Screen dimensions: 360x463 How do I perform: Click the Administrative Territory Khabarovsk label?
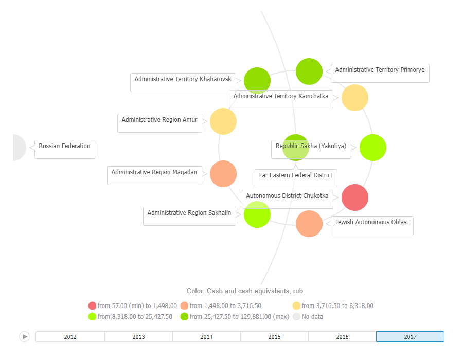[x=183, y=80]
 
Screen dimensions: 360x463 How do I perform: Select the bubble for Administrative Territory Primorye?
[x=309, y=71]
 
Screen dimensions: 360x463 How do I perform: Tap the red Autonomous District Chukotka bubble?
[x=355, y=197]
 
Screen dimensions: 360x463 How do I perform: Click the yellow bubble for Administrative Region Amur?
[x=223, y=121]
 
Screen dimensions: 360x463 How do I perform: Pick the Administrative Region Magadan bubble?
[x=223, y=174]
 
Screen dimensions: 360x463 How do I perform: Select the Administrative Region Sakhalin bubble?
[x=257, y=214]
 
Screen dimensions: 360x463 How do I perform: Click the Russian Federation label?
[x=64, y=147]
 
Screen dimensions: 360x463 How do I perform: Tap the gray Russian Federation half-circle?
[x=19, y=148]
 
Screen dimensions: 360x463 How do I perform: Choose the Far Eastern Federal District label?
[x=296, y=176]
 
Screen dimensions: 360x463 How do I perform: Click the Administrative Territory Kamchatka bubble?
[x=355, y=98]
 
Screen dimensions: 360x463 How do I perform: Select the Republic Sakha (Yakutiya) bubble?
[x=372, y=148]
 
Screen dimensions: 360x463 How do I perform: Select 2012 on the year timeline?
[x=70, y=337]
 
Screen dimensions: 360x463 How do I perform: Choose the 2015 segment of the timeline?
[x=274, y=337]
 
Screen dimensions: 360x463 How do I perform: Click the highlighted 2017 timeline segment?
[x=410, y=337]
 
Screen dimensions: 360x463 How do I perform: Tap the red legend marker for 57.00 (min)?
[x=93, y=306]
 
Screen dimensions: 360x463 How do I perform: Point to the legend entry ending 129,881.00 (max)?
[x=235, y=317]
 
